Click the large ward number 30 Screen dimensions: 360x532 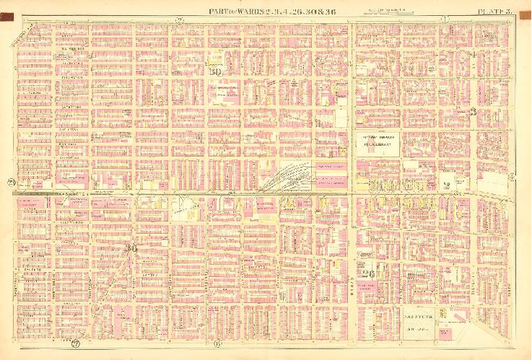tap(214, 71)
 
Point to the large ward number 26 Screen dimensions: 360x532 tap(370, 272)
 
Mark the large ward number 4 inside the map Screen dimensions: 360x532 tap(473, 55)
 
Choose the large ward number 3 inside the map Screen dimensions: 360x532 tap(473, 111)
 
